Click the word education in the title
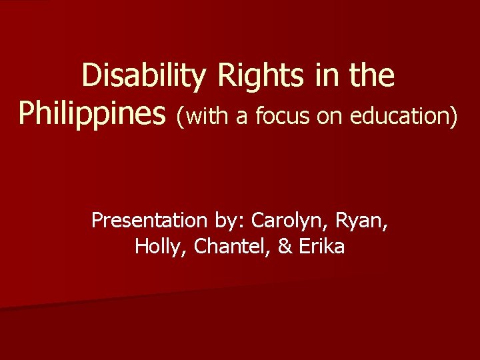[x=403, y=117]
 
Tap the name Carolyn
[x=289, y=221]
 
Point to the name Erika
[x=321, y=246]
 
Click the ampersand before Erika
[x=285, y=246]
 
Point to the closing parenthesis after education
[x=455, y=117]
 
